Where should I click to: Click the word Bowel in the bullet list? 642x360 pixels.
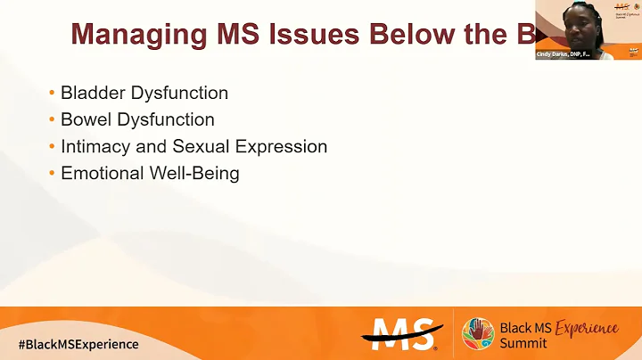[x=86, y=119]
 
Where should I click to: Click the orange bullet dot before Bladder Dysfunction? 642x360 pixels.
[x=53, y=93]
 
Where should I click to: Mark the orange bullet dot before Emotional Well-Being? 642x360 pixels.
[x=53, y=173]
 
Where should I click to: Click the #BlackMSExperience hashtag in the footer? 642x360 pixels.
[x=78, y=344]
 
